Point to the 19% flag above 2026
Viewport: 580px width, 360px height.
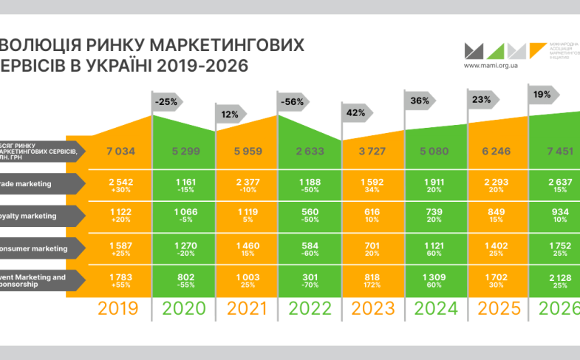[544, 94]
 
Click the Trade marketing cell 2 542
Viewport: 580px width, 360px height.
[119, 181]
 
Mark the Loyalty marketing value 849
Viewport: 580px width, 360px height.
[497, 212]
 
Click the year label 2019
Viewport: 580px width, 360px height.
[119, 309]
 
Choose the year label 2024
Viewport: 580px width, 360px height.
[434, 309]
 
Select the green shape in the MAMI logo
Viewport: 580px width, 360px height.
[496, 51]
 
